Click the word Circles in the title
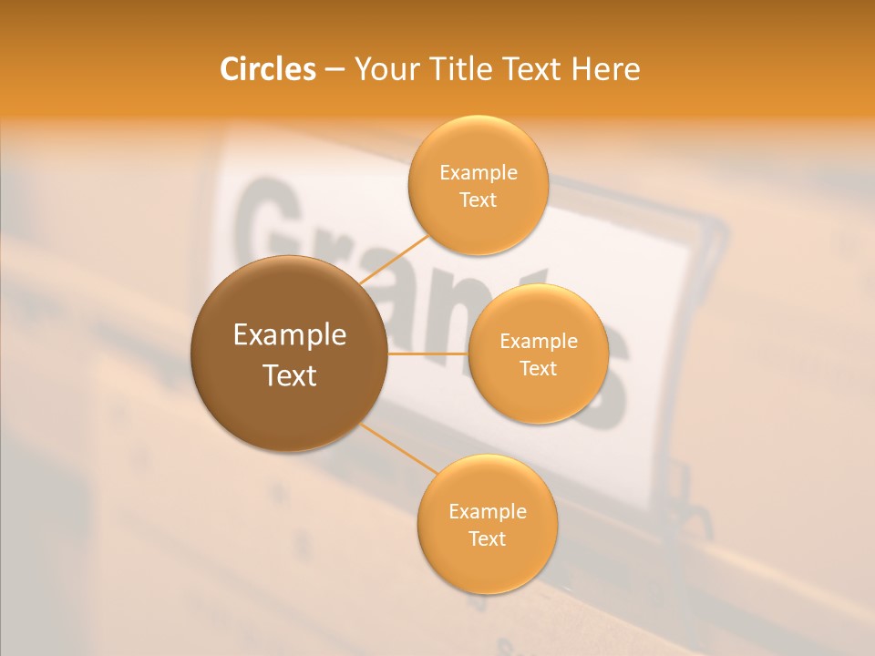267,68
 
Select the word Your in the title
384,68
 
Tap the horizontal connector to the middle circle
427,354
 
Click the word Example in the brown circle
290,335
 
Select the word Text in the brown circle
290,375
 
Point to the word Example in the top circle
479,173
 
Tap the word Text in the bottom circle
487,538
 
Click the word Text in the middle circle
538,368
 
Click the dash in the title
335,70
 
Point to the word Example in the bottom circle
488,511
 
